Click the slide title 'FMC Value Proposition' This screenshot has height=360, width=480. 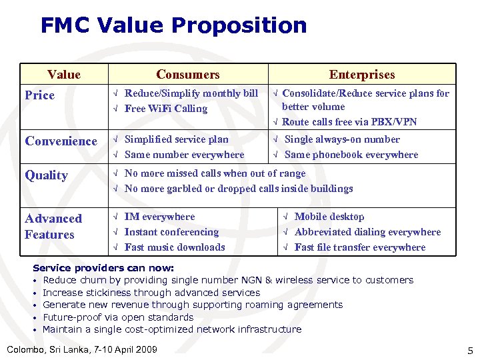(173, 25)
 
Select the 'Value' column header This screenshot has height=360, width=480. (64, 75)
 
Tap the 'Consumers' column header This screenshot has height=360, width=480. (187, 75)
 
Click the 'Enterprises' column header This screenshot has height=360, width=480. (361, 75)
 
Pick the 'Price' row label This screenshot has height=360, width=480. (40, 95)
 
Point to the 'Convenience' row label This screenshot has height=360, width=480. (61, 141)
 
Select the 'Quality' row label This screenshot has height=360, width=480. (46, 175)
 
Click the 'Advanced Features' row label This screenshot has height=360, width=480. (53, 226)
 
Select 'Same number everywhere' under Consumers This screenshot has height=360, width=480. (184, 155)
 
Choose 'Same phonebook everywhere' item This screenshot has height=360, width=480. (351, 155)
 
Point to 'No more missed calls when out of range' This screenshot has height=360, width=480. (215, 173)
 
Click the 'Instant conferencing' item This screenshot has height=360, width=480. (171, 232)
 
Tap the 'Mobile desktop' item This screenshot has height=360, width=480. (329, 217)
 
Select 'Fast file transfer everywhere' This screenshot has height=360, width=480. (359, 247)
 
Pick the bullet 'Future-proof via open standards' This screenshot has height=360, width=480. (118, 317)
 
